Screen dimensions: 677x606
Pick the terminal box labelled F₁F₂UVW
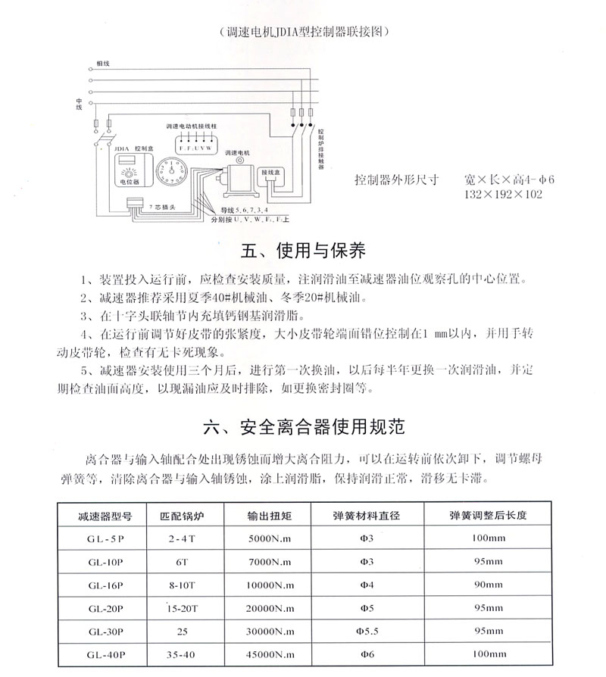(x=195, y=145)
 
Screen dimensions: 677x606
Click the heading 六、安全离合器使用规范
(x=305, y=426)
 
